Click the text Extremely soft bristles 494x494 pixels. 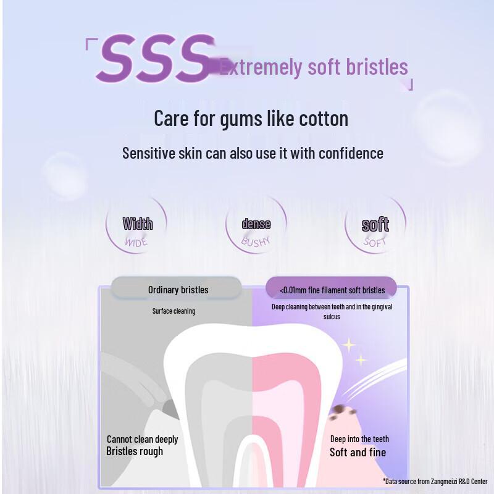pyautogui.click(x=314, y=67)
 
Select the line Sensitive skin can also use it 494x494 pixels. pyautogui.click(x=253, y=153)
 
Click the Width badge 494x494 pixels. pyautogui.click(x=137, y=224)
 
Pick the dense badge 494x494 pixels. pyautogui.click(x=256, y=224)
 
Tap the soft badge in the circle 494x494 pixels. pyautogui.click(x=375, y=225)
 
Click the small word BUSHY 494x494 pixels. pyautogui.click(x=256, y=241)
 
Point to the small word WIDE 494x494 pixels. pyautogui.click(x=136, y=241)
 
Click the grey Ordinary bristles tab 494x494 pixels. pyautogui.click(x=178, y=290)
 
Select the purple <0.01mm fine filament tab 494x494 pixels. pyautogui.click(x=332, y=290)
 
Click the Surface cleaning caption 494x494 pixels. pyautogui.click(x=174, y=311)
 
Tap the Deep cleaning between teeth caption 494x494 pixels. pyautogui.click(x=332, y=311)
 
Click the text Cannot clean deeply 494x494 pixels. pyautogui.click(x=142, y=439)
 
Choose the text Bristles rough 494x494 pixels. pyautogui.click(x=135, y=451)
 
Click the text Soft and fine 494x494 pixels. pyautogui.click(x=358, y=452)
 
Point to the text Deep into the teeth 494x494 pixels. pyautogui.click(x=359, y=439)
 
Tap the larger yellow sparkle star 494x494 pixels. pyautogui.click(x=348, y=345)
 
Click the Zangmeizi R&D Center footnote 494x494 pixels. pyautogui.click(x=435, y=481)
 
